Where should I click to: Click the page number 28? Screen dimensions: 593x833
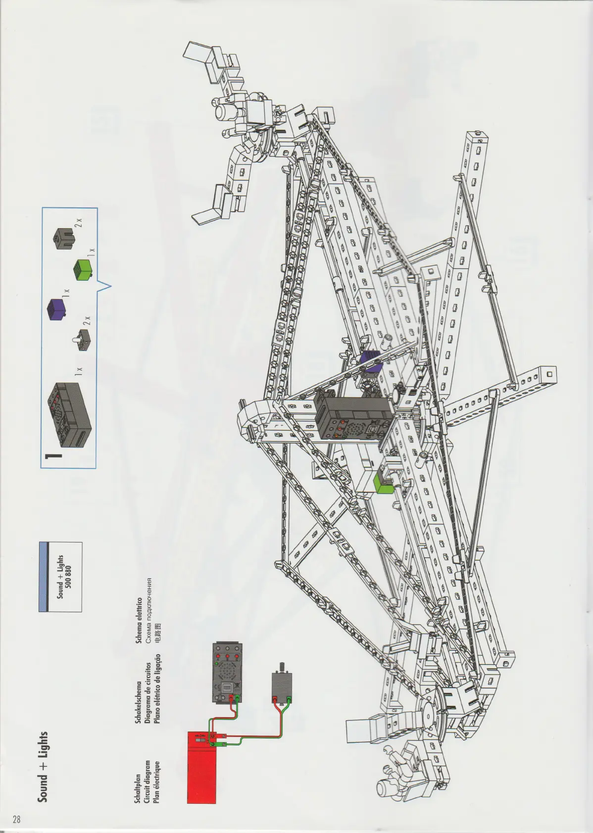tap(16, 819)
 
